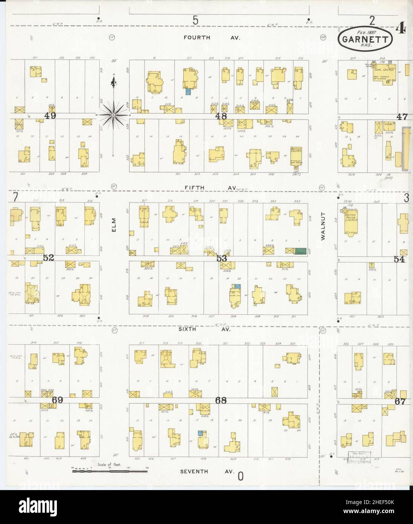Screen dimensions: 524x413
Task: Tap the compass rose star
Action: [x=113, y=115]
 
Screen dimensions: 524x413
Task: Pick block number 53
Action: [x=221, y=258]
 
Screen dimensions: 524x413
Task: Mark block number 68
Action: [x=221, y=400]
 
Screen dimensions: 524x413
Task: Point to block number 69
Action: [x=57, y=400]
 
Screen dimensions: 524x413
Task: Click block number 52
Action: [x=48, y=257]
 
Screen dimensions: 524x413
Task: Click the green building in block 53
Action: [x=300, y=250]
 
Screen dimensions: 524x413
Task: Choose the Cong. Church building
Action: [x=381, y=74]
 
